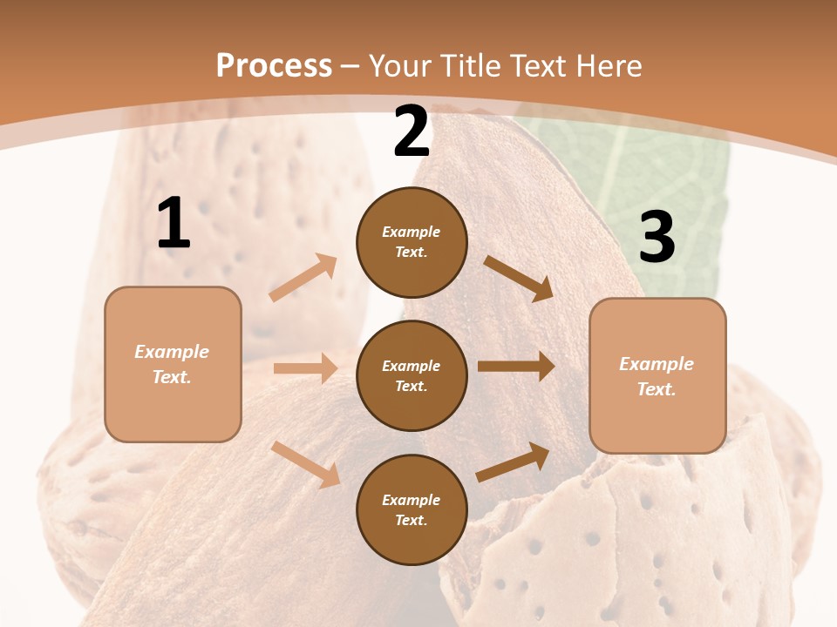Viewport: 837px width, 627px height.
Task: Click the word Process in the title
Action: pyautogui.click(x=274, y=65)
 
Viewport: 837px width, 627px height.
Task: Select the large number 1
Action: pyautogui.click(x=174, y=224)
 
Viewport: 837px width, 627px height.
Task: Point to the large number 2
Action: pyautogui.click(x=412, y=132)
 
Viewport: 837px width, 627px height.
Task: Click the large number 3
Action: pyautogui.click(x=657, y=238)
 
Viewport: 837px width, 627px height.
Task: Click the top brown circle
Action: pyautogui.click(x=412, y=242)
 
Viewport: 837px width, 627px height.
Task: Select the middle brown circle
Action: pyautogui.click(x=412, y=375)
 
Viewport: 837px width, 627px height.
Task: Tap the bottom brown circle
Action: pyautogui.click(x=412, y=509)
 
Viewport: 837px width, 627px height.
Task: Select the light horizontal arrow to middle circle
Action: pyautogui.click(x=305, y=368)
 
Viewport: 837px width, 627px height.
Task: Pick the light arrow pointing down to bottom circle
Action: pyautogui.click(x=306, y=464)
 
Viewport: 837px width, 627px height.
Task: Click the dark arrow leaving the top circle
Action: pyautogui.click(x=519, y=278)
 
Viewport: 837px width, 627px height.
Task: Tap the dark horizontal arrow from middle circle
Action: pyautogui.click(x=516, y=367)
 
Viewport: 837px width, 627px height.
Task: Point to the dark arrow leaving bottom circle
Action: pyautogui.click(x=514, y=462)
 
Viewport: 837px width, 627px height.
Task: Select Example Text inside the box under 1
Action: pyautogui.click(x=172, y=364)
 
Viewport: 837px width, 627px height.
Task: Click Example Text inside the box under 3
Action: pyautogui.click(x=657, y=376)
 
